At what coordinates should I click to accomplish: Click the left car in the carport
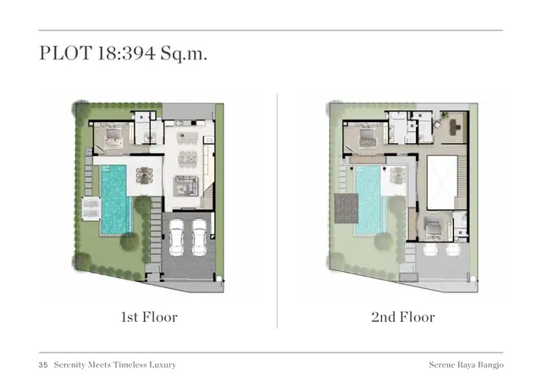point(177,237)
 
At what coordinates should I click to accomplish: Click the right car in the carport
point(199,237)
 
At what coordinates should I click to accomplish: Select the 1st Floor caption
point(149,317)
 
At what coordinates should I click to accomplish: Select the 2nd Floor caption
point(403,317)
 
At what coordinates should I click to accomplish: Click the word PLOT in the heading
point(66,53)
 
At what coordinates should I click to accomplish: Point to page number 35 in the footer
point(43,365)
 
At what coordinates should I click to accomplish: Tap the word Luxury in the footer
point(163,365)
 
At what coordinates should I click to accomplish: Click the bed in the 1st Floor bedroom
point(113,136)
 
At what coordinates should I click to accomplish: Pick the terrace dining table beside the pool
point(145,175)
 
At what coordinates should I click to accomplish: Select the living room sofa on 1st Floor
point(185,186)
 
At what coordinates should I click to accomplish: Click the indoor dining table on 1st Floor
point(187,159)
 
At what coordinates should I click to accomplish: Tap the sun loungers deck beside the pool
point(91,208)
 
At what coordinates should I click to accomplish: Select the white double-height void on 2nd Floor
point(442,183)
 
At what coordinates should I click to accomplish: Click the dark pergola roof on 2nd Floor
point(346,208)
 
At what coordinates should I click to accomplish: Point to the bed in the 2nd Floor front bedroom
point(433,228)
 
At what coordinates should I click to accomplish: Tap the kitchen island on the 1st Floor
point(187,137)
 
